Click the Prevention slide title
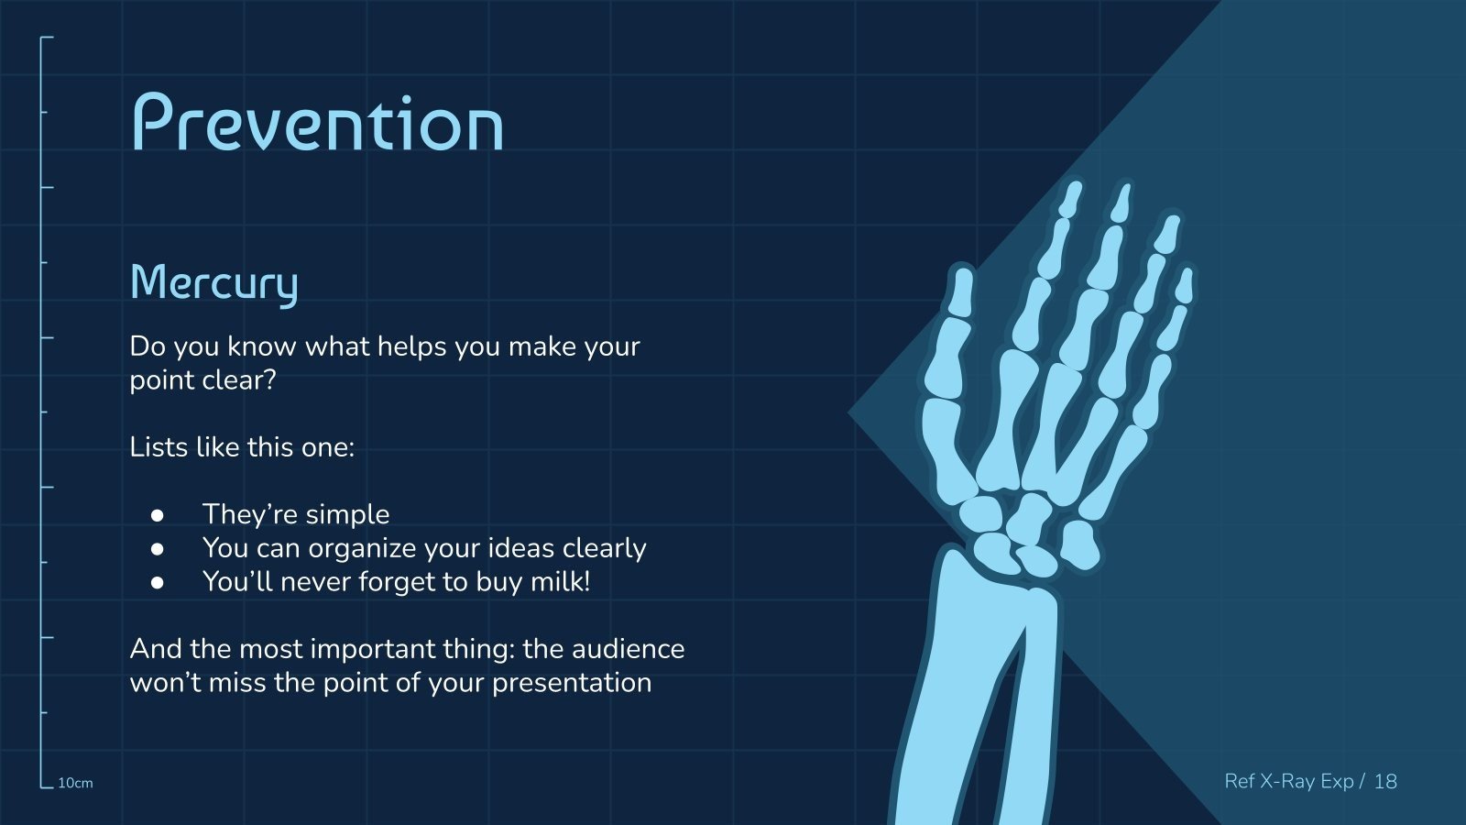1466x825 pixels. coord(318,122)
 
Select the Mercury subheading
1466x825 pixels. coord(214,283)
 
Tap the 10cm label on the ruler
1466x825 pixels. coord(75,783)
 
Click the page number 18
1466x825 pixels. coord(1385,781)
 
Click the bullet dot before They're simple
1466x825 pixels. coord(157,515)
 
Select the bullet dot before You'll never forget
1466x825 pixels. coord(157,582)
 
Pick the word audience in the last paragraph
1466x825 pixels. coord(628,649)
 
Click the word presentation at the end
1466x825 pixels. coord(572,684)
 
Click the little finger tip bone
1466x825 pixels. coord(1184,285)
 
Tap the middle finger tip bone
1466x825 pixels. coord(1122,203)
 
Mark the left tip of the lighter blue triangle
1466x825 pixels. coord(848,412)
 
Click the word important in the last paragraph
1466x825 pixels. coord(373,650)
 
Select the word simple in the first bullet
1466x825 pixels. coord(347,515)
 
